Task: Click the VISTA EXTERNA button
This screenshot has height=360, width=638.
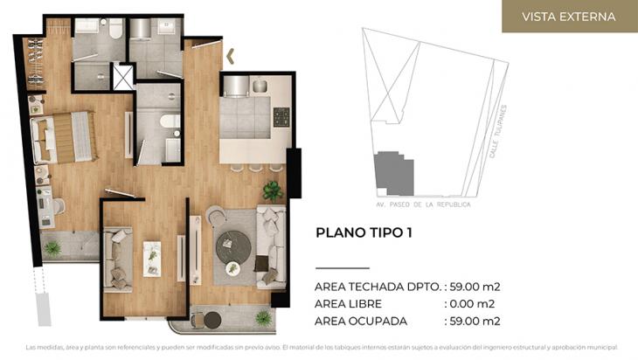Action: (x=568, y=17)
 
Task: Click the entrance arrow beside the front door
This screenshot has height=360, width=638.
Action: (x=231, y=57)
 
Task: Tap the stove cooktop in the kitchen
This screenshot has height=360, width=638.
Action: (x=281, y=116)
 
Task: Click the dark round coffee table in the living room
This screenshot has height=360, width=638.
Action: (x=233, y=243)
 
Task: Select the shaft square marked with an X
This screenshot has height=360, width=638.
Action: (x=123, y=77)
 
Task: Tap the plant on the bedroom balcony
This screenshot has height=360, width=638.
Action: (x=52, y=248)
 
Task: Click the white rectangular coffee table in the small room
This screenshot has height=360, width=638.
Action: (x=152, y=258)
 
